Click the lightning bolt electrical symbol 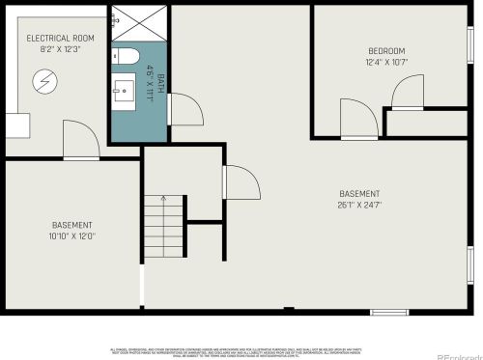pyautogui.click(x=44, y=79)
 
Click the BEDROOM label pyautogui.click(x=385, y=50)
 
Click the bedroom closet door pyautogui.click(x=410, y=92)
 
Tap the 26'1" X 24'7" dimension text pyautogui.click(x=360, y=205)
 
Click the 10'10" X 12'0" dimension pyautogui.click(x=72, y=235)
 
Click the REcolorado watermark pyautogui.click(x=459, y=353)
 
